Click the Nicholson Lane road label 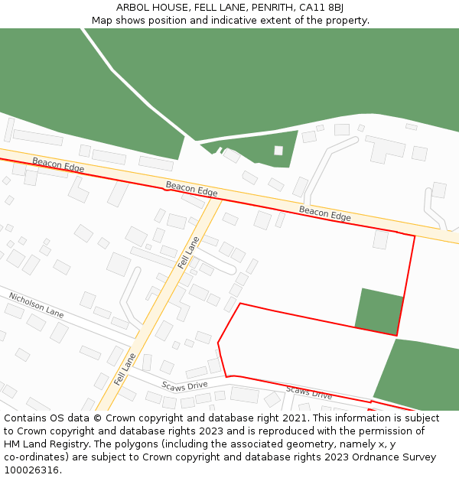click(x=36, y=304)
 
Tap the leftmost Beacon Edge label click(x=58, y=164)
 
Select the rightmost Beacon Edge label click(x=325, y=214)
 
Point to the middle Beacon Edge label click(x=192, y=189)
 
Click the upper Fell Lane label click(x=188, y=252)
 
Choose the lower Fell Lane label click(x=125, y=369)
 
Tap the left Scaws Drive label click(x=184, y=385)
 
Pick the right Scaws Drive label click(x=309, y=393)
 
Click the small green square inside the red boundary click(x=379, y=311)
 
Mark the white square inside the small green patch click(x=278, y=151)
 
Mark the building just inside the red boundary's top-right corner click(x=381, y=240)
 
